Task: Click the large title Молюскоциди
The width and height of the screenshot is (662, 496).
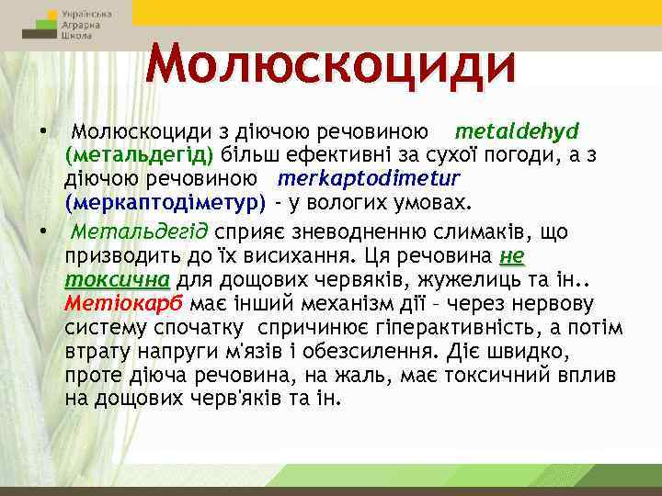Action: click(x=331, y=63)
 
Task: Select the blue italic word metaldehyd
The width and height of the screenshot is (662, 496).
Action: click(x=516, y=130)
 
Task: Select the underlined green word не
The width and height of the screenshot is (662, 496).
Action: click(x=512, y=255)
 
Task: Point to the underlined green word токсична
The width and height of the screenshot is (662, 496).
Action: click(x=118, y=279)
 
